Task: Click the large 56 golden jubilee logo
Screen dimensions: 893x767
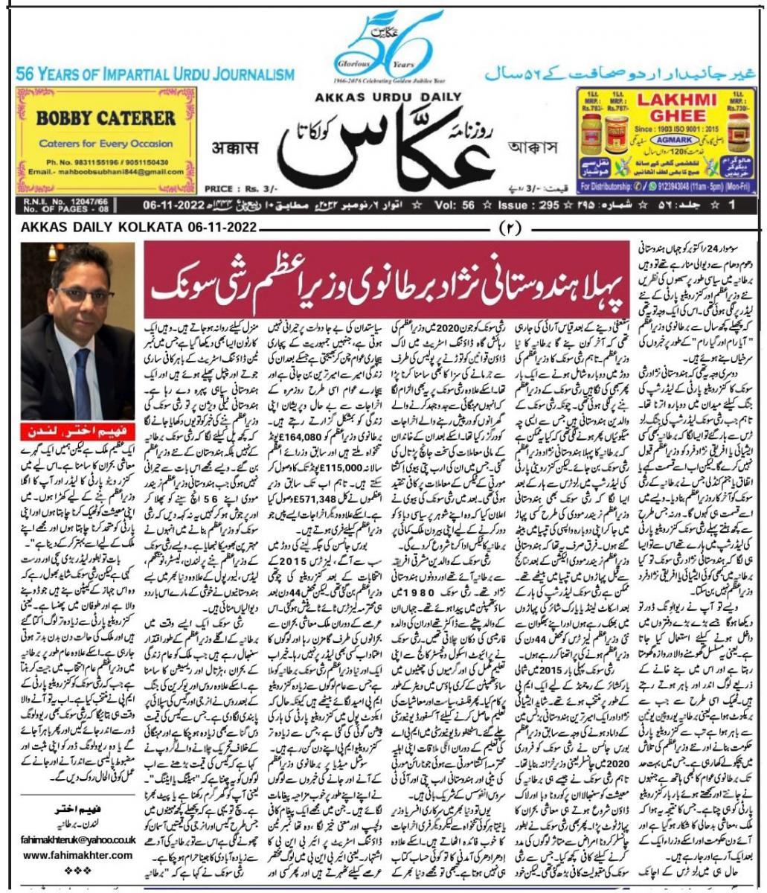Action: click(383, 45)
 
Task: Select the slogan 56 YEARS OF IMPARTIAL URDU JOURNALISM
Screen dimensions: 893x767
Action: click(155, 74)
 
